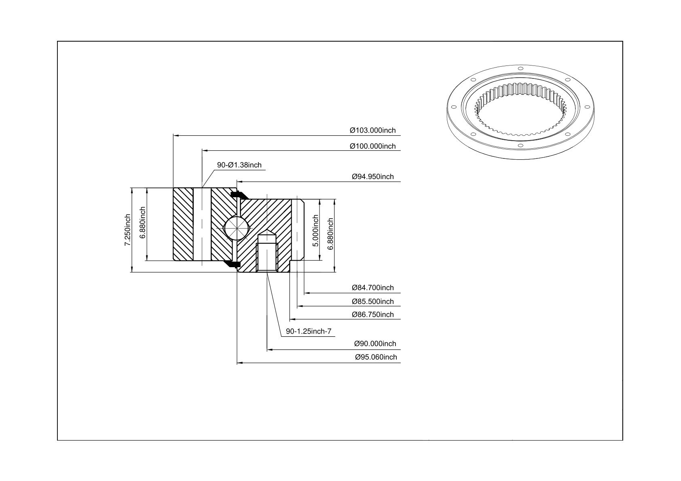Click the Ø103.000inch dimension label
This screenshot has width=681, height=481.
[372, 130]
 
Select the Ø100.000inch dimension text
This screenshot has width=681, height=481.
[372, 146]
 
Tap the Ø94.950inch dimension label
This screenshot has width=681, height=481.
[372, 177]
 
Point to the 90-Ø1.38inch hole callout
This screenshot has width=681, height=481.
[239, 165]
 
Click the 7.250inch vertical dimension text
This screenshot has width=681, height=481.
[128, 230]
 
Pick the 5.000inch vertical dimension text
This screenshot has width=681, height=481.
[315, 231]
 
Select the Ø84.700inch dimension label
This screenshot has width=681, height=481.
[372, 287]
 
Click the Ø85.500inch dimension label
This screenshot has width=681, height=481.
[372, 302]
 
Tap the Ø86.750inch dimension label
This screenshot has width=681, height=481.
[372, 314]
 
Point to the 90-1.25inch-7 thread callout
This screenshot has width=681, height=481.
[309, 331]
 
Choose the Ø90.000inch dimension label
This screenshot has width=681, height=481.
[375, 344]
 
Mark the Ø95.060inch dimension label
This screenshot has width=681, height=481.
[376, 357]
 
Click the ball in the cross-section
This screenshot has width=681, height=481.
[236, 228]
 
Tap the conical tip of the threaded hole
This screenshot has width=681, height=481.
[267, 234]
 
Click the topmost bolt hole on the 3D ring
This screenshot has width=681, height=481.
[520, 68]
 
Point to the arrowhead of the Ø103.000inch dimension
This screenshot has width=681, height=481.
[176, 135]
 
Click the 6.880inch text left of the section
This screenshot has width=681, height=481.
[143, 223]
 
